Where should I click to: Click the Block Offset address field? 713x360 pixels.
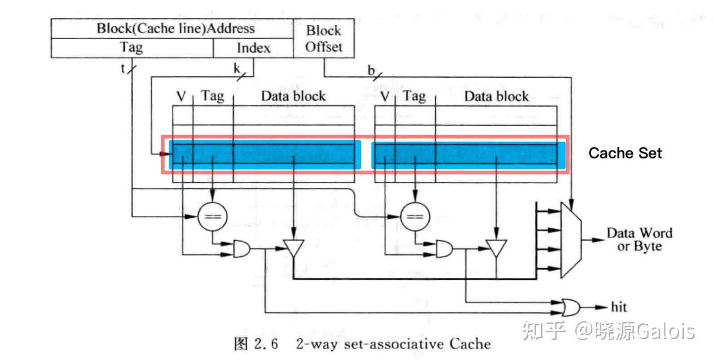click(x=323, y=38)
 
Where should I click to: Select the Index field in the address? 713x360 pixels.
click(x=253, y=48)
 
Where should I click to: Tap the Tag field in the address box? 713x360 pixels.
click(x=132, y=48)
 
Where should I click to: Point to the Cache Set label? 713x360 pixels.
click(x=625, y=153)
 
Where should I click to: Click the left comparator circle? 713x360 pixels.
click(x=212, y=216)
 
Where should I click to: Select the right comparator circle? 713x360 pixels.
click(x=415, y=216)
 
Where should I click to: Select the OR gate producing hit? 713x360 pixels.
click(x=571, y=308)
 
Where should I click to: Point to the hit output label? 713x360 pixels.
click(x=618, y=308)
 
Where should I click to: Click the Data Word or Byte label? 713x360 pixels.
click(x=639, y=239)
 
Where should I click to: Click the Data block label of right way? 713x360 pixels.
click(x=496, y=96)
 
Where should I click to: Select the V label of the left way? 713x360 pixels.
click(x=181, y=96)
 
